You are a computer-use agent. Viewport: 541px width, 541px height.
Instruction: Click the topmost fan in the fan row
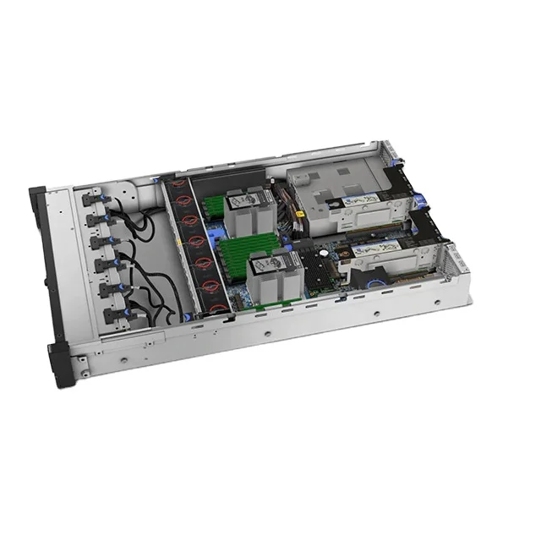pos(181,197)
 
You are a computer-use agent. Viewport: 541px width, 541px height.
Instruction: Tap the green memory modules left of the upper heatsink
pos(215,208)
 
